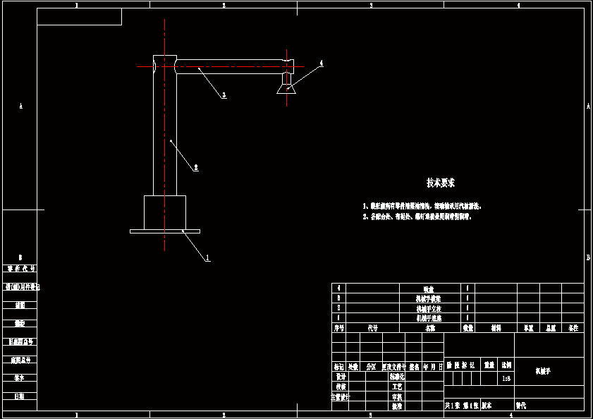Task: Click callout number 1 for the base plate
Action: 208,257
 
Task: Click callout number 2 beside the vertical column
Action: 196,167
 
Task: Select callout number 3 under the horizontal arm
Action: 224,95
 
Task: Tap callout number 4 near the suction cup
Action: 321,63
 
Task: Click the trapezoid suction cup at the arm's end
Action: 286,87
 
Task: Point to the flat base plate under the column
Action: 165,231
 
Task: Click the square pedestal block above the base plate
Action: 165,212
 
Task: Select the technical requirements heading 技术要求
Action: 441,183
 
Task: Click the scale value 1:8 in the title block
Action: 506,378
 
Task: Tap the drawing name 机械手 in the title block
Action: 542,370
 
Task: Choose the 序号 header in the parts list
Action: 338,328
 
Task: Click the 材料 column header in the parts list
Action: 496,328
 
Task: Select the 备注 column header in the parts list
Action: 573,328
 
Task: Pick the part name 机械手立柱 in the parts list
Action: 429,308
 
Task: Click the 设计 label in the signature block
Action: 340,377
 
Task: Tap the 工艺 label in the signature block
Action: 397,387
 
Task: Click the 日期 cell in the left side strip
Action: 20,396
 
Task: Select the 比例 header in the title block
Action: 506,365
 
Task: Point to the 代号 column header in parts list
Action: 373,328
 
